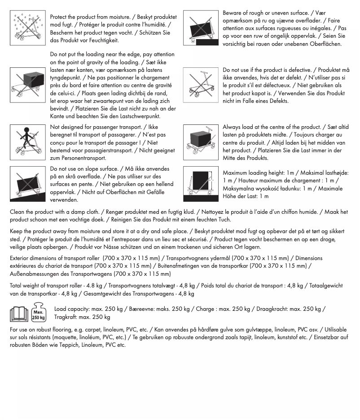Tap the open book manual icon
click(19, 313)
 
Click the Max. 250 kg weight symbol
click(39, 313)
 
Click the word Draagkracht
click(272, 309)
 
